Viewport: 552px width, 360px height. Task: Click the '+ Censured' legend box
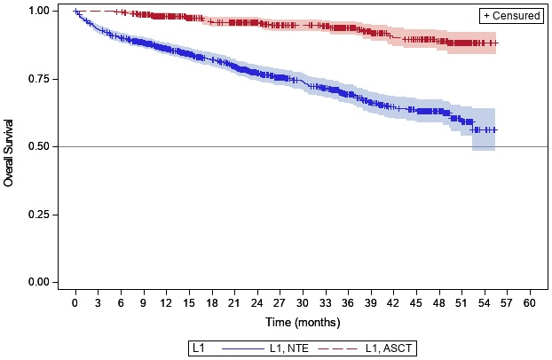coord(510,15)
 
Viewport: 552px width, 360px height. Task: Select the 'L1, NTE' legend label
coord(288,348)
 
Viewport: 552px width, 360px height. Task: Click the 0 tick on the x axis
coord(75,301)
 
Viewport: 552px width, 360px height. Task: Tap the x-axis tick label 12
coord(166,301)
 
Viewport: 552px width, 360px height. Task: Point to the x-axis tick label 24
coord(256,301)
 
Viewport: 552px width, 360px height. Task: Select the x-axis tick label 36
coord(348,301)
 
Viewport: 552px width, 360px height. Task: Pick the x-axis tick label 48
coord(438,301)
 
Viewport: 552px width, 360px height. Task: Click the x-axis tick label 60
coord(530,301)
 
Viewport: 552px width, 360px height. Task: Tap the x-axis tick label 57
coord(507,301)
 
